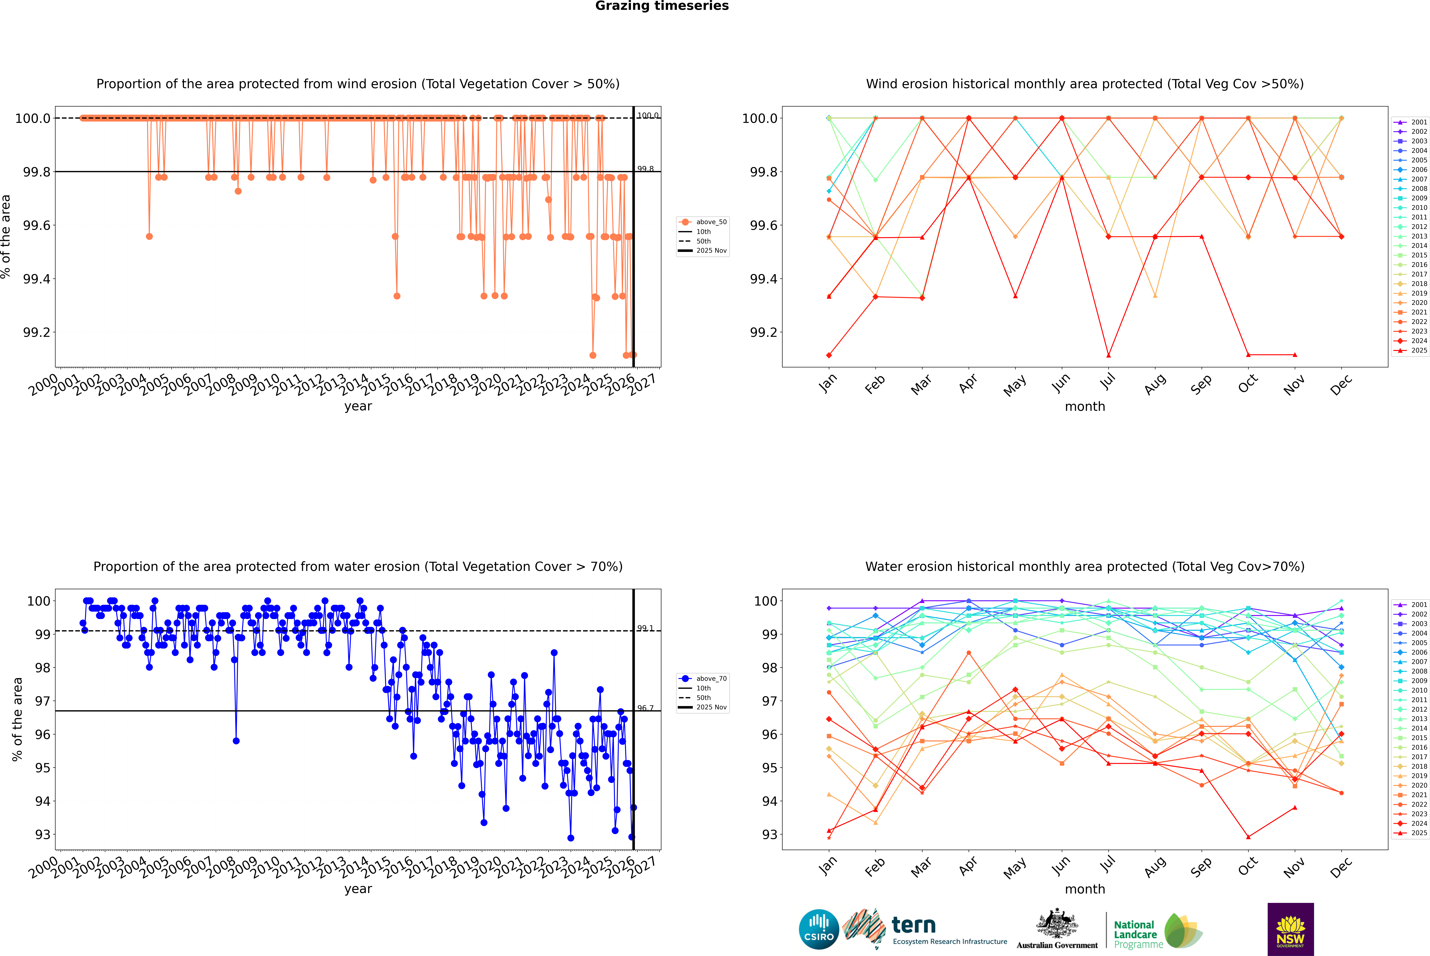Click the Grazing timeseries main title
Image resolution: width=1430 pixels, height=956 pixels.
click(x=662, y=6)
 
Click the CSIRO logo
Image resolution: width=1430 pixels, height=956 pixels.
click(x=819, y=929)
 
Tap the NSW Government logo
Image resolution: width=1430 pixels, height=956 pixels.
click(x=1290, y=929)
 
